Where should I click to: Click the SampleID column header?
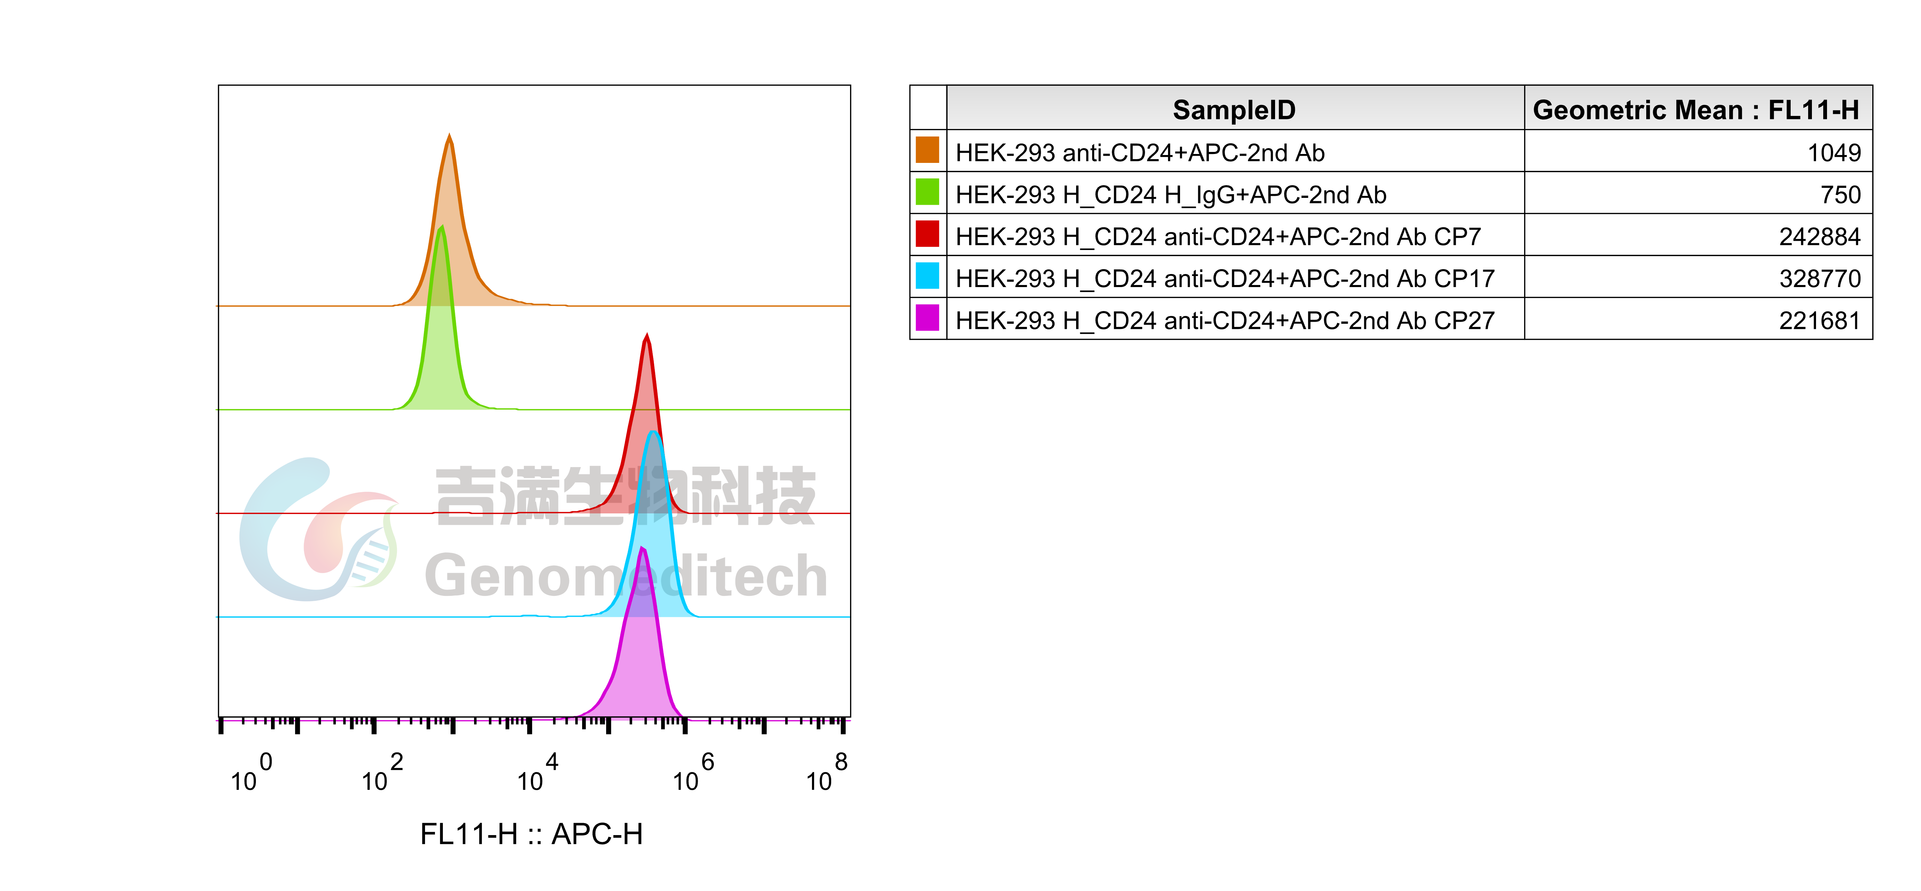[x=1234, y=110]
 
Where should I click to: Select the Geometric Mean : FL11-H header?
[x=1696, y=110]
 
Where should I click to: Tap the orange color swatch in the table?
[x=927, y=150]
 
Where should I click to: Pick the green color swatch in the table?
[x=927, y=192]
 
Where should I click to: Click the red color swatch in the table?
[x=927, y=234]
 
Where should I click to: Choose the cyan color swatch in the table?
[x=927, y=276]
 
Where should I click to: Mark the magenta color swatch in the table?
[x=927, y=318]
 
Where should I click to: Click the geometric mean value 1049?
[x=1834, y=153]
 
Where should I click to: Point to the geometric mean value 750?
[x=1840, y=194]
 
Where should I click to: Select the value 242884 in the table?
[x=1819, y=236]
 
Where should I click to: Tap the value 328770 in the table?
[x=1819, y=278]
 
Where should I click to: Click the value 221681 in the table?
[x=1819, y=321]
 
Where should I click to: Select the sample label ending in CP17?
[x=1225, y=278]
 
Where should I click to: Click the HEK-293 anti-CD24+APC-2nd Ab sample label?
[x=1140, y=153]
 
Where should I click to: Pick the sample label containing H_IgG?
[x=1170, y=194]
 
